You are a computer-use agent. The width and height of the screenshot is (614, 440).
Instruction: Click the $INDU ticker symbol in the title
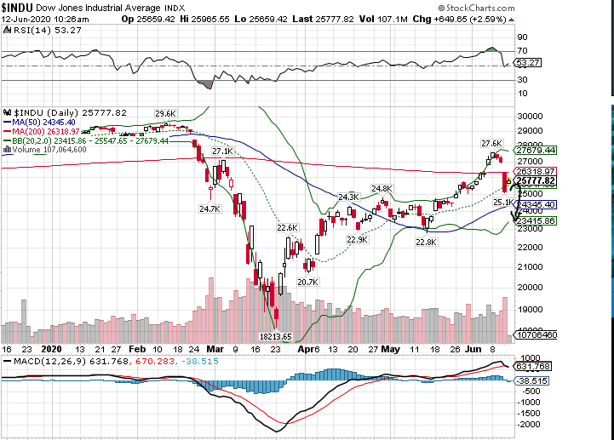coord(18,6)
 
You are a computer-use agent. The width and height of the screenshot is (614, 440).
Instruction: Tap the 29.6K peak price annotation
coord(164,113)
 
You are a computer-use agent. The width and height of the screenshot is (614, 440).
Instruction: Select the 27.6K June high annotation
coord(491,143)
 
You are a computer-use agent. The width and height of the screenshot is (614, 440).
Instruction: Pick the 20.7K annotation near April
coord(307,281)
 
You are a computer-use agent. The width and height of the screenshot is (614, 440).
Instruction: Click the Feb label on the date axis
coord(136,349)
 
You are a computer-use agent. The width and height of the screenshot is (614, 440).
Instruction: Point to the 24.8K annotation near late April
coord(381,188)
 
